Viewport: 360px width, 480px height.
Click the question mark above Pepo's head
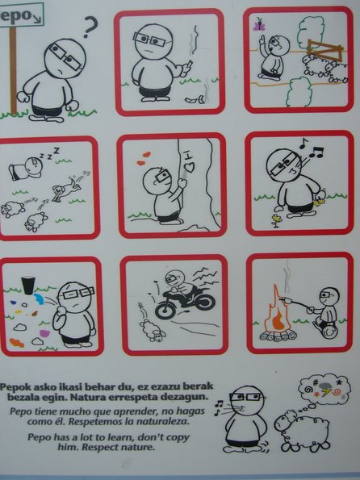point(90,27)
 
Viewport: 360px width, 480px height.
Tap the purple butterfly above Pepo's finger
point(259,24)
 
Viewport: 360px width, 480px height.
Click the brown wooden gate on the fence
point(324,51)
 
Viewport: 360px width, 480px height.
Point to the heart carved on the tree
point(190,167)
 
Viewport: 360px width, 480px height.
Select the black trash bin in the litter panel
point(28,286)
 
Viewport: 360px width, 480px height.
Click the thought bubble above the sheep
point(324,389)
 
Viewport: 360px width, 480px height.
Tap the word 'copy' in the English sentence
point(178,437)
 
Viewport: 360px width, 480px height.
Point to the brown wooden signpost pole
point(13,70)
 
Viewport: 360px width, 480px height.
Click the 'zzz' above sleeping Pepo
point(50,154)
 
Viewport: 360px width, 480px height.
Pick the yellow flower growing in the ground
point(277,220)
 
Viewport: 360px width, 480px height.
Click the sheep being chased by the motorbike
point(153,330)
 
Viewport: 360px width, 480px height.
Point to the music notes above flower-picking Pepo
point(312,148)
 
